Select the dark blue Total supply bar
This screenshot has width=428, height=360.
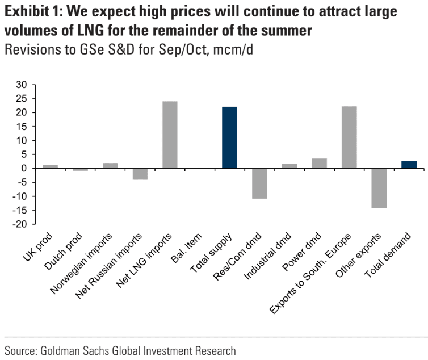(229, 137)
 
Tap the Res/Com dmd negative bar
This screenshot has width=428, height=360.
(259, 183)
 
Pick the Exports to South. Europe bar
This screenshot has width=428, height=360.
(349, 137)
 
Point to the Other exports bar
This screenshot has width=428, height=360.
(379, 188)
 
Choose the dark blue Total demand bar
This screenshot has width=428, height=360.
(409, 165)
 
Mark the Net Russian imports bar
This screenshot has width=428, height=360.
(140, 174)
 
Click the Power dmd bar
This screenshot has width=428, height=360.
(319, 164)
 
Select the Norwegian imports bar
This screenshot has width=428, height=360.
(110, 166)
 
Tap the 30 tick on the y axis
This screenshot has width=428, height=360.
(22, 85)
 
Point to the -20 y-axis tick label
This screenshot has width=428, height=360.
(20, 224)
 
